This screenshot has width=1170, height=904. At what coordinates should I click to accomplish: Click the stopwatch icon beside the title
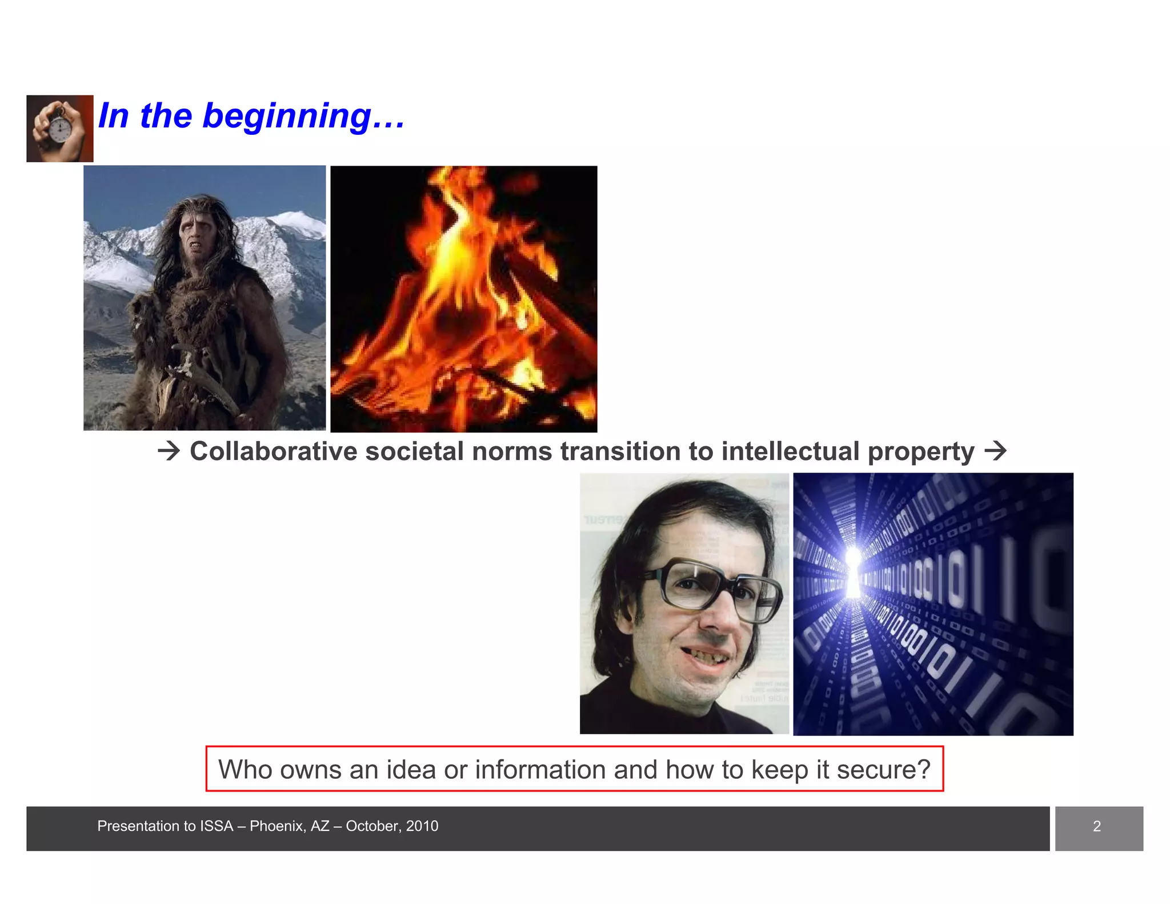(59, 129)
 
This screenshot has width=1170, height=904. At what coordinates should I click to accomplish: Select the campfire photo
(463, 299)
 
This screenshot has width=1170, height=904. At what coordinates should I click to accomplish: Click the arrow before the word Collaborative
(169, 451)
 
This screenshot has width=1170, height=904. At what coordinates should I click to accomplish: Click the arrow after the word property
(996, 451)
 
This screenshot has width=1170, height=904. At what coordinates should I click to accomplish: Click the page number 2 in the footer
(1096, 826)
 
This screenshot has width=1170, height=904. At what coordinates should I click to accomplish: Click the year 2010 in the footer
(422, 826)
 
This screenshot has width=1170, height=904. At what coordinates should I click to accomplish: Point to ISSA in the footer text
(217, 826)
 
